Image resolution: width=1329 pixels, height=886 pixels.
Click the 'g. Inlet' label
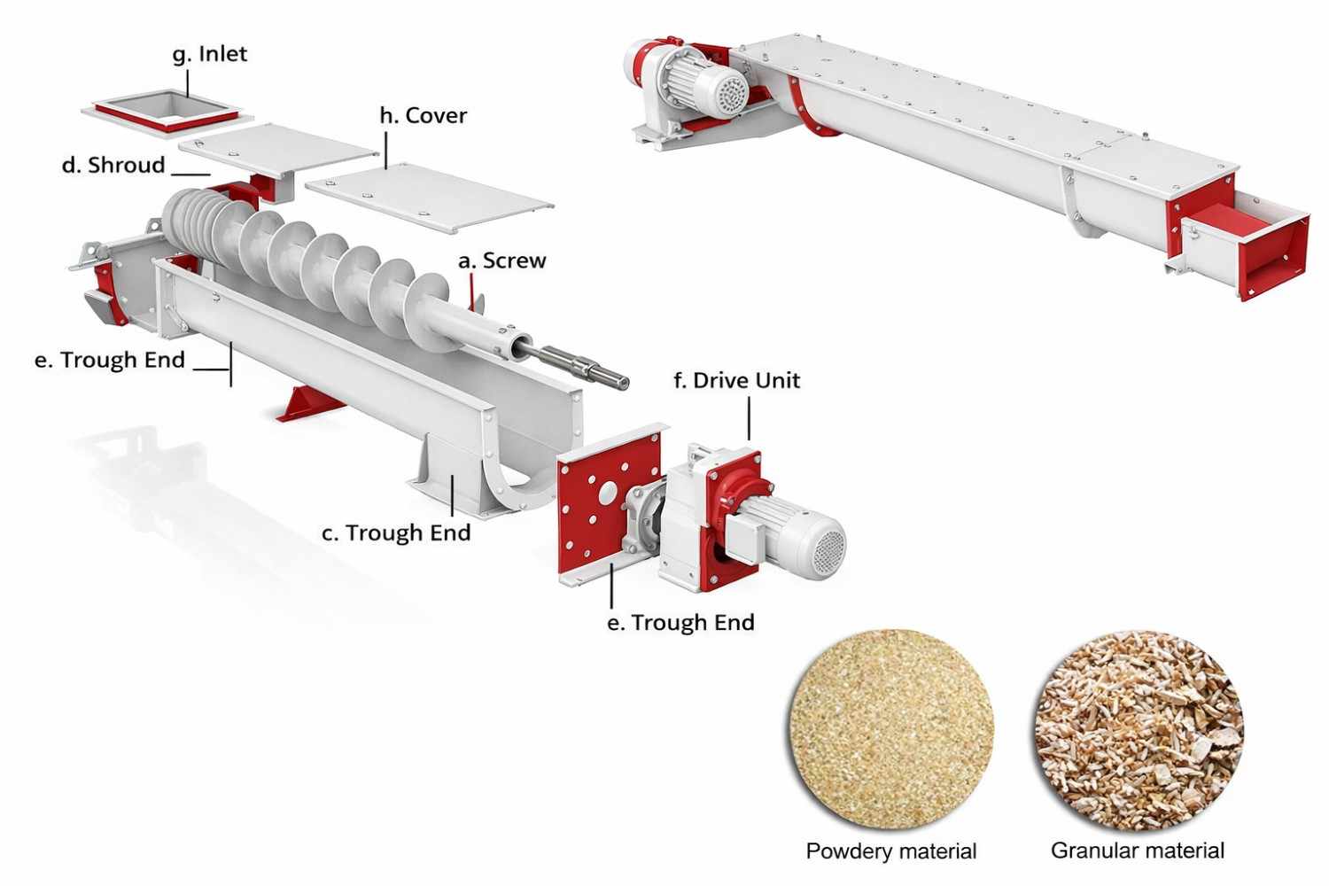tap(209, 54)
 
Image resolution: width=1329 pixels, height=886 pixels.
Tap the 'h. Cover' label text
tap(423, 116)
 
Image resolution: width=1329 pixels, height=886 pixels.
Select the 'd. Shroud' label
tap(113, 166)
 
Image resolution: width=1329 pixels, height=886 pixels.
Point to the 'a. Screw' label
tap(501, 261)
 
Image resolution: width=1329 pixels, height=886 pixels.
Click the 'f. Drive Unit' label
tap(736, 381)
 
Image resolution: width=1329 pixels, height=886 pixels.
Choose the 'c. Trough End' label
tap(395, 533)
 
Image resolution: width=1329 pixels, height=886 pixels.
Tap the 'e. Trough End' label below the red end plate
tap(680, 623)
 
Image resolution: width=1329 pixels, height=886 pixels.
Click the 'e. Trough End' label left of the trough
tap(110, 361)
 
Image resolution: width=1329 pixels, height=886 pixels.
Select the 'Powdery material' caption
tap(890, 851)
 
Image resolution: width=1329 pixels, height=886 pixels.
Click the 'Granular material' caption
tap(1138, 851)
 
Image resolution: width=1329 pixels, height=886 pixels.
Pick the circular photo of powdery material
tap(891, 730)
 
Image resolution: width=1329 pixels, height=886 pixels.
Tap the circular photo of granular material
tap(1139, 730)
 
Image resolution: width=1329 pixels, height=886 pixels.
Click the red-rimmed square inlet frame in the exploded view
tap(167, 113)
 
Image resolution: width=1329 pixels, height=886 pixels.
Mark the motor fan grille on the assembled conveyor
tap(733, 94)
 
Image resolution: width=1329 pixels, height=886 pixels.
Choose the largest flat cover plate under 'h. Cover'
tap(430, 198)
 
